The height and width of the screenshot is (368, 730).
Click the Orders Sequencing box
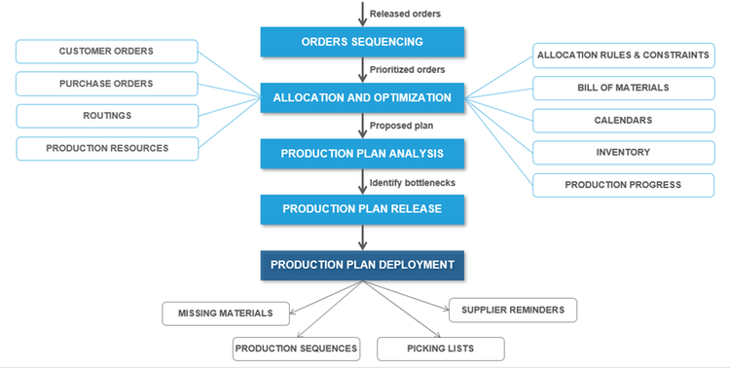[x=362, y=42]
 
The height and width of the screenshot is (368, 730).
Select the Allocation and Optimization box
[x=362, y=97]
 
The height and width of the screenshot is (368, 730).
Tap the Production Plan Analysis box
[x=362, y=153]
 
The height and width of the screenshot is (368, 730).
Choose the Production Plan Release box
[x=362, y=208]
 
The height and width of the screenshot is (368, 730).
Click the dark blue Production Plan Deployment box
[x=362, y=265]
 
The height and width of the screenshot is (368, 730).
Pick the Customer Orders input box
[x=107, y=52]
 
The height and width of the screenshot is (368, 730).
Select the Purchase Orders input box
[x=107, y=84]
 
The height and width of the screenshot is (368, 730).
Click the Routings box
[x=107, y=116]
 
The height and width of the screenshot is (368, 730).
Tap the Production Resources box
[x=107, y=148]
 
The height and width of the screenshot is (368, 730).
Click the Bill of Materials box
[x=623, y=88]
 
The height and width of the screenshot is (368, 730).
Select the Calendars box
[x=623, y=120]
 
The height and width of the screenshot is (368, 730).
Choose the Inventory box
[x=623, y=152]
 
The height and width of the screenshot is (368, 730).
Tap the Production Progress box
[x=623, y=184]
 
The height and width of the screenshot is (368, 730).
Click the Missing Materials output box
[x=225, y=313]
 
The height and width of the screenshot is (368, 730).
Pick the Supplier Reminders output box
[x=512, y=310]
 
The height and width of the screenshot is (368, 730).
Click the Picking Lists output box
[x=441, y=349]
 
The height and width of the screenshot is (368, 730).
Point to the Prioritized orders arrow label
[x=407, y=70]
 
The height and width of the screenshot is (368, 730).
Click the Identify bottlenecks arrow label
[x=412, y=182]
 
